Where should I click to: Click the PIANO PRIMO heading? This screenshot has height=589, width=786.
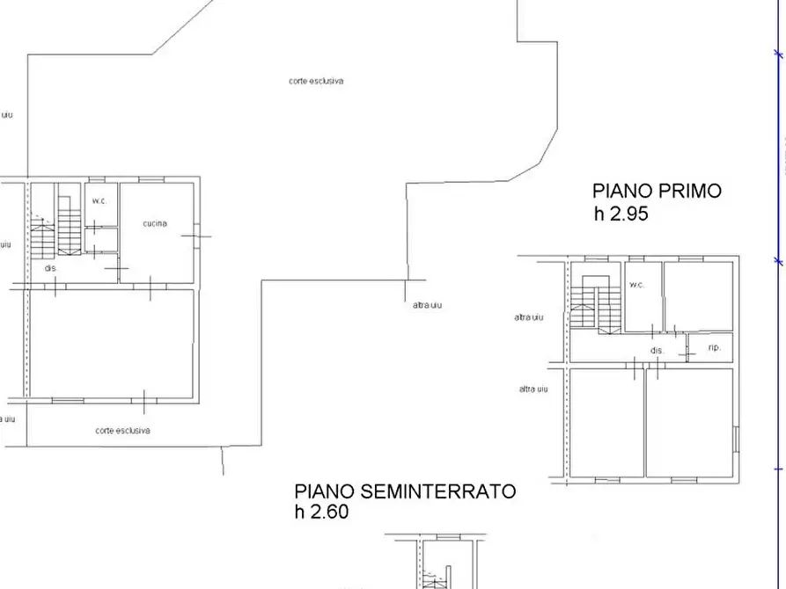click(x=657, y=191)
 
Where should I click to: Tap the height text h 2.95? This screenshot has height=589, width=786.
click(x=621, y=214)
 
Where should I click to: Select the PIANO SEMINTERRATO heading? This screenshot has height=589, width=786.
click(x=405, y=491)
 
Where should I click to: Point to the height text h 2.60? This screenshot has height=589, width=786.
click(x=321, y=512)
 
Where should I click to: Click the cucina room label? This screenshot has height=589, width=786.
click(x=155, y=223)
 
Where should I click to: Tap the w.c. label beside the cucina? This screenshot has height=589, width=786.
click(x=99, y=200)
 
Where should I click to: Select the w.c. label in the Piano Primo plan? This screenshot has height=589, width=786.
click(x=636, y=285)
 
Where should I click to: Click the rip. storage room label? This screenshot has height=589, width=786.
click(x=714, y=348)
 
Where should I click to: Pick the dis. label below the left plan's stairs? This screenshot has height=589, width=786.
click(x=51, y=267)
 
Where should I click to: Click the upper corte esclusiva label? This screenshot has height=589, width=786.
click(x=316, y=81)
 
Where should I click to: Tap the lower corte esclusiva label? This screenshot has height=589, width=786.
click(x=122, y=431)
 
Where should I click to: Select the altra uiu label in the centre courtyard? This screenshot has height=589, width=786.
click(x=427, y=305)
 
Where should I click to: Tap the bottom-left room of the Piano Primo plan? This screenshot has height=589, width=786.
click(x=606, y=422)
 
